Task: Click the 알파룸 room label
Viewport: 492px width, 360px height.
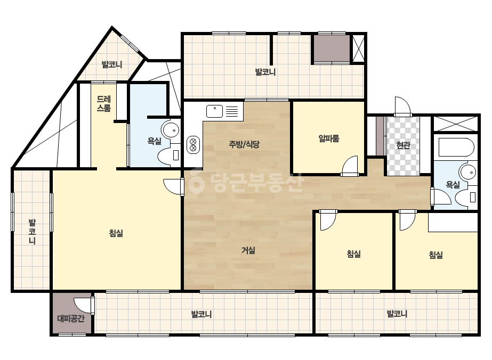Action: pyautogui.click(x=328, y=138)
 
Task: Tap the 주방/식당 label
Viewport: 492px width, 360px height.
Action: pyautogui.click(x=244, y=144)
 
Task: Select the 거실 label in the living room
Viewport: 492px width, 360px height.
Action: pyautogui.click(x=248, y=250)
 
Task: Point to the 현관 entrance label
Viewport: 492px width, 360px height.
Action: pyautogui.click(x=403, y=145)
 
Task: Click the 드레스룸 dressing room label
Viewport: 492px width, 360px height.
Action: pyautogui.click(x=103, y=104)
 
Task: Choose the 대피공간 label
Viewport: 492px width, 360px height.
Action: pyautogui.click(x=71, y=318)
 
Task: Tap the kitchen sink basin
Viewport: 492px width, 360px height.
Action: pyautogui.click(x=215, y=111)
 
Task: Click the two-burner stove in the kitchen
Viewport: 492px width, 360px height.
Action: pyautogui.click(x=193, y=144)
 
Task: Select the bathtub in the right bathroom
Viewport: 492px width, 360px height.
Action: pyautogui.click(x=456, y=148)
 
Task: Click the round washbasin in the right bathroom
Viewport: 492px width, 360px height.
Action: pyautogui.click(x=467, y=172)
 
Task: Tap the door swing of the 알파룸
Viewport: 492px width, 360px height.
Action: pyautogui.click(x=350, y=165)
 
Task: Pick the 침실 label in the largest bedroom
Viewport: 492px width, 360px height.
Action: pyautogui.click(x=116, y=233)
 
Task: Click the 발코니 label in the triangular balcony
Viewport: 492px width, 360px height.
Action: pyautogui.click(x=112, y=64)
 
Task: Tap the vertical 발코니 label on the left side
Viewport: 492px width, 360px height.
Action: pyautogui.click(x=32, y=232)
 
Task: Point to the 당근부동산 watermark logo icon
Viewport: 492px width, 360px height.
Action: pyautogui.click(x=196, y=181)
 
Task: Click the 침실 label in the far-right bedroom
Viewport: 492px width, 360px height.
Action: pyautogui.click(x=436, y=255)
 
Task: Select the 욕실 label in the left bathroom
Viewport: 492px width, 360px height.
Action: pyautogui.click(x=155, y=141)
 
